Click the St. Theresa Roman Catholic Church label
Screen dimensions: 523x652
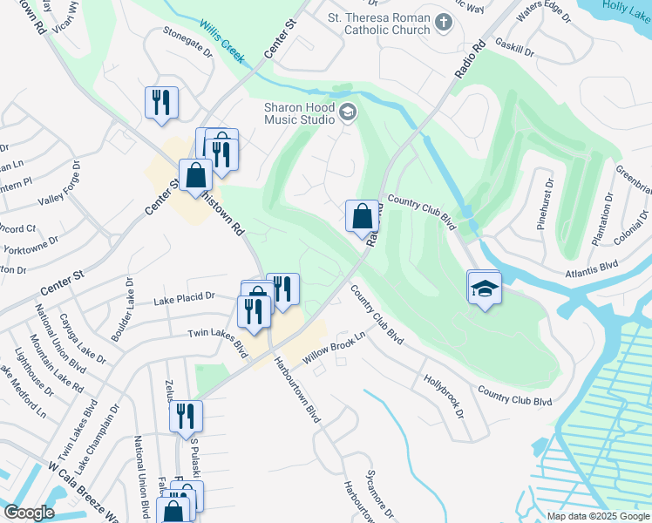point(378,24)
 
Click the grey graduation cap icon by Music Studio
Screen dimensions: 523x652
point(348,112)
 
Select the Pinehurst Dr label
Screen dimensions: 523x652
point(545,204)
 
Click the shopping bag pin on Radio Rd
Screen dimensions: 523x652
point(362,215)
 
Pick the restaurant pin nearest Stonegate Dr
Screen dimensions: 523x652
point(161,102)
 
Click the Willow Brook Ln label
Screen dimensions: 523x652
point(334,348)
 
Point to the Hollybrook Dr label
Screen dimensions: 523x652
point(444,395)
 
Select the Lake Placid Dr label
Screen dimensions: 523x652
point(184,299)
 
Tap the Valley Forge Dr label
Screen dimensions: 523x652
point(59,183)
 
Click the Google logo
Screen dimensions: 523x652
point(29,513)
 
